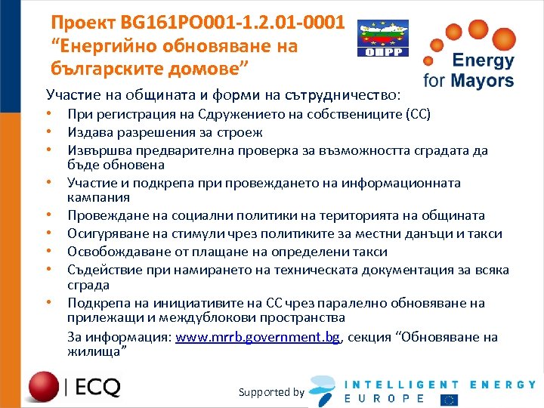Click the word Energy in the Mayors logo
click(483, 60)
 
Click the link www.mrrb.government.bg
click(258, 337)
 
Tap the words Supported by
click(271, 391)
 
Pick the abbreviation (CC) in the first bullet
click(417, 115)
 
